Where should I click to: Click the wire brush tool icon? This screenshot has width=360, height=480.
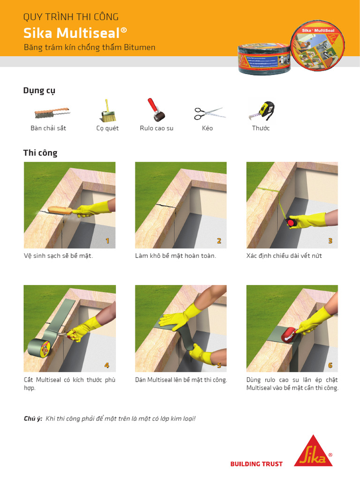(x=52, y=113)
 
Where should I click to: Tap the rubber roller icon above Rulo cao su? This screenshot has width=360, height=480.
(x=157, y=110)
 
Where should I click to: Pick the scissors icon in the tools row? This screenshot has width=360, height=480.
(x=209, y=113)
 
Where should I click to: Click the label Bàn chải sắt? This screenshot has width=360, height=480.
(x=48, y=128)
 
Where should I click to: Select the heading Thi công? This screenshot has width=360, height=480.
(x=40, y=153)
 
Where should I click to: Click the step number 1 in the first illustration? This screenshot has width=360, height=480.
(x=107, y=241)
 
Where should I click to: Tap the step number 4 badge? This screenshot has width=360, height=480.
(x=107, y=365)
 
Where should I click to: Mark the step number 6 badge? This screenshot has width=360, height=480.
(x=330, y=365)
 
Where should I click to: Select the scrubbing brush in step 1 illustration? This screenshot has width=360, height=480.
(x=60, y=210)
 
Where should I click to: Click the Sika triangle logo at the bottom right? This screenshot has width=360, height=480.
(x=313, y=451)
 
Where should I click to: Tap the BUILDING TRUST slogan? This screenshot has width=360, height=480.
(x=256, y=464)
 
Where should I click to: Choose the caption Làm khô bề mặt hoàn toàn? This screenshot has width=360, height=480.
(x=175, y=256)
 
